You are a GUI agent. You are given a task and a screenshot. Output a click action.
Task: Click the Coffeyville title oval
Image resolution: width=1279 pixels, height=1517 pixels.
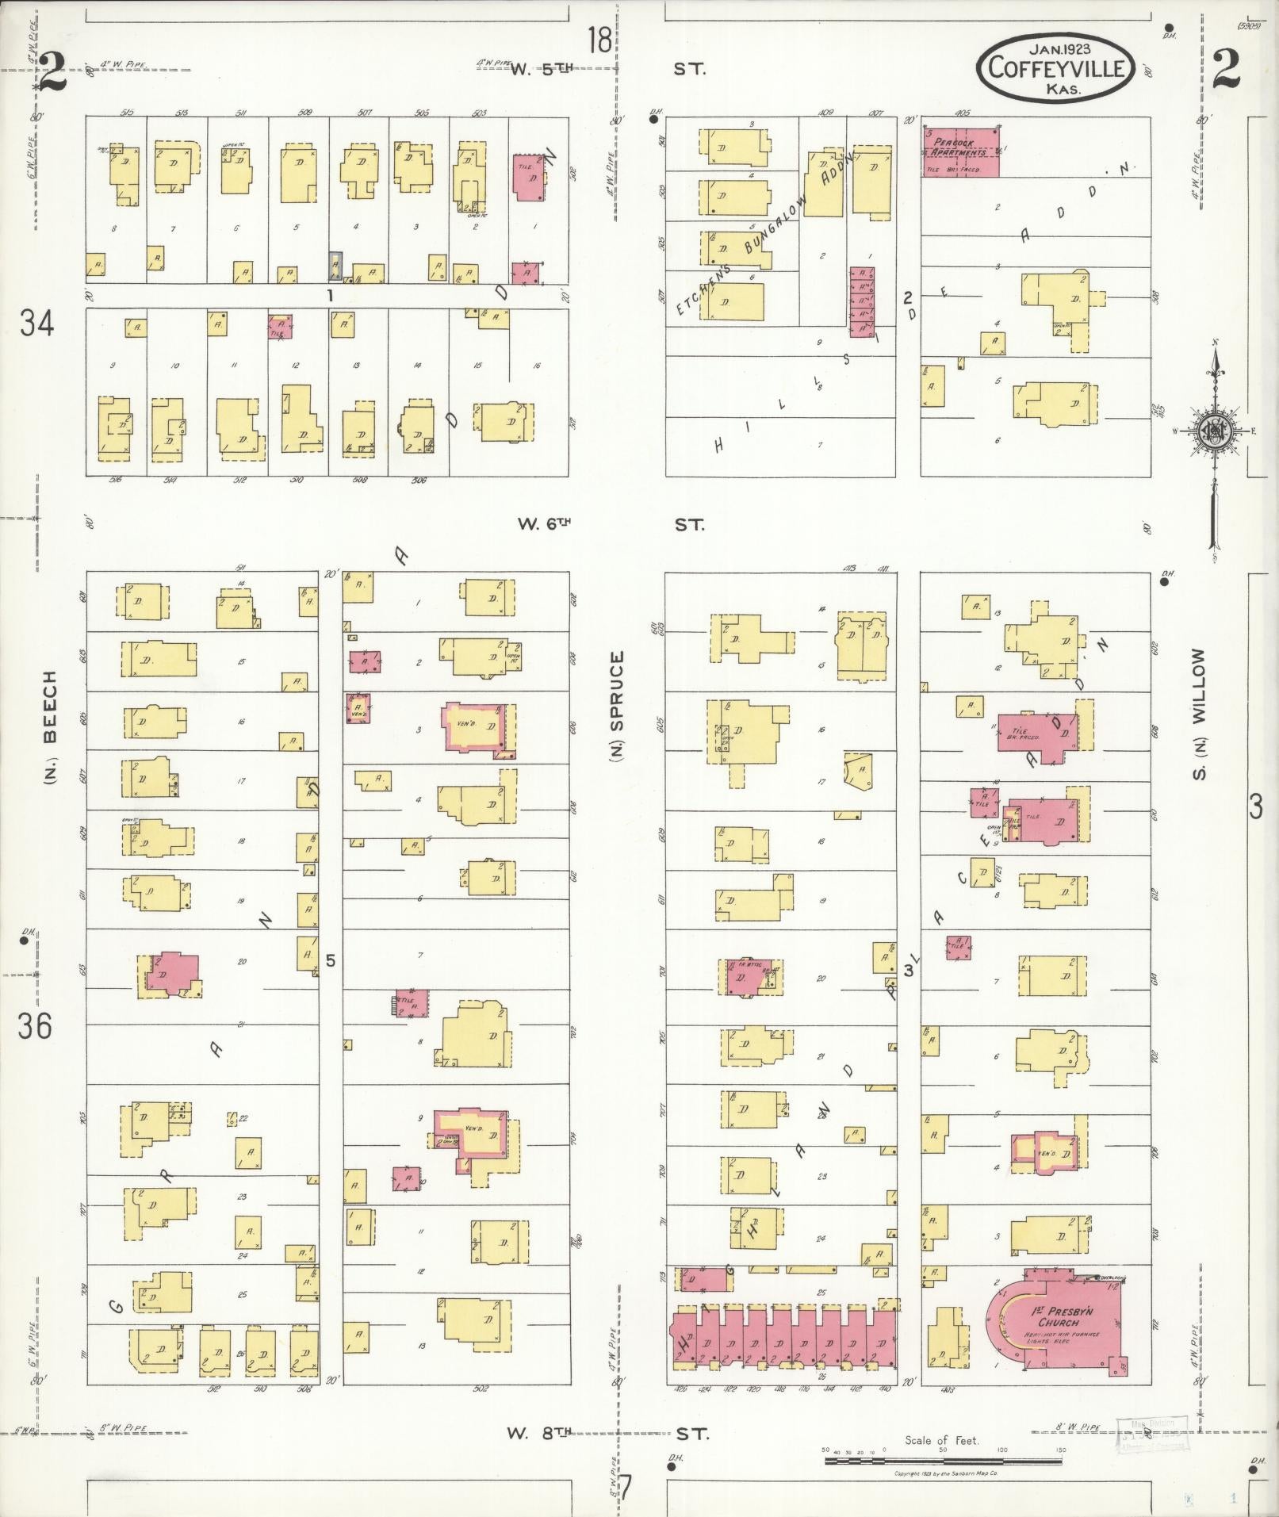click(1053, 68)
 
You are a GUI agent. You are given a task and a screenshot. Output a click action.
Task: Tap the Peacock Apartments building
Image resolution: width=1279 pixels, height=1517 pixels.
click(959, 151)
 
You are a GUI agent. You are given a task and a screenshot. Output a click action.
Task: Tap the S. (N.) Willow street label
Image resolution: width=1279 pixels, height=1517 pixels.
click(1200, 714)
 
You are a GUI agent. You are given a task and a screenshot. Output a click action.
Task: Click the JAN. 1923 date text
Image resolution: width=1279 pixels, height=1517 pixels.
click(1053, 48)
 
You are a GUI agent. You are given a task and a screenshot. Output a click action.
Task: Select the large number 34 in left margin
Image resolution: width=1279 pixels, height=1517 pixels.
click(36, 324)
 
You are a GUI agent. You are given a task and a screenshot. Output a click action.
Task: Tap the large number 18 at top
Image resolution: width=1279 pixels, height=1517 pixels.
click(601, 40)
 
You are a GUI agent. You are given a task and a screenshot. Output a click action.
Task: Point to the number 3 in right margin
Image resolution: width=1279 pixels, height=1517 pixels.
click(1255, 807)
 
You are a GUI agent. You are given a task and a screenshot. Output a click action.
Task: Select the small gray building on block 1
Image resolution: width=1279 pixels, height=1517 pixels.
click(336, 266)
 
